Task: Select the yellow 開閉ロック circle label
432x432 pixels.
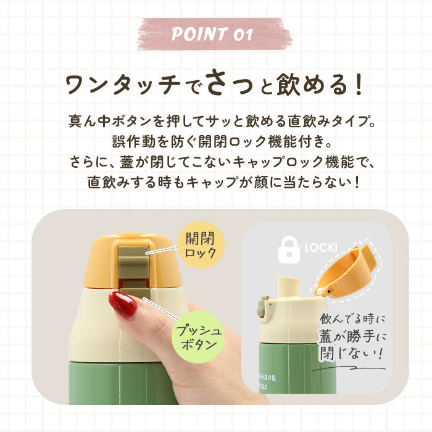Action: click(201, 245)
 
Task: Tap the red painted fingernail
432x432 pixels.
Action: click(123, 304)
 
